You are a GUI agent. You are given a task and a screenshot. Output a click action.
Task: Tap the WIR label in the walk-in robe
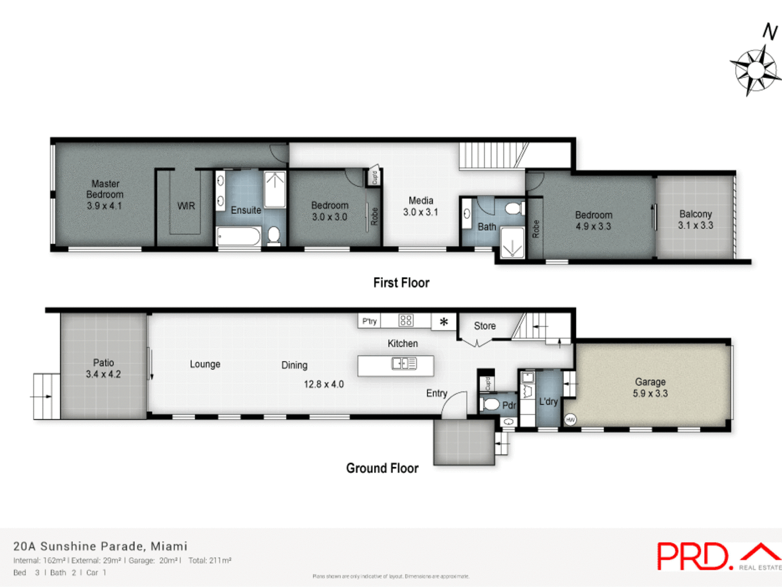tap(186, 206)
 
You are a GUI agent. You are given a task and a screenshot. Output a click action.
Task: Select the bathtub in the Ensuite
tap(239, 236)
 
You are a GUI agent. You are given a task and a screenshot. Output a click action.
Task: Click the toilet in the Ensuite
tap(274, 236)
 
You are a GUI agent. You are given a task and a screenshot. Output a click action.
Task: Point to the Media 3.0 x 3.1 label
tap(421, 206)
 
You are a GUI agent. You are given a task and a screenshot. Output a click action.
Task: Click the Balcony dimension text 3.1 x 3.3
tap(695, 225)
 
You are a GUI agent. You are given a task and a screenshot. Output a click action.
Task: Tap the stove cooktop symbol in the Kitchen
tap(406, 320)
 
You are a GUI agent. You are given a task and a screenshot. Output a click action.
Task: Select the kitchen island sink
tap(404, 363)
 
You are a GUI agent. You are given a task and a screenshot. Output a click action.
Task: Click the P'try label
tap(369, 321)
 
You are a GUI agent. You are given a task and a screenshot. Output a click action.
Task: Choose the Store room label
tap(485, 326)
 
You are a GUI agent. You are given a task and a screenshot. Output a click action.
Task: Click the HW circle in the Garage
tap(570, 419)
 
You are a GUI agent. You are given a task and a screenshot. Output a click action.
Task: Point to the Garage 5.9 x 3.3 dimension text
tap(650, 394)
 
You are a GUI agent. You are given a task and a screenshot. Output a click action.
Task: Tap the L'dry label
tap(548, 402)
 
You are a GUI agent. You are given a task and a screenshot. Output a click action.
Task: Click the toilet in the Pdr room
tap(490, 404)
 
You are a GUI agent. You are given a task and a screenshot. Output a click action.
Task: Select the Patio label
tap(103, 362)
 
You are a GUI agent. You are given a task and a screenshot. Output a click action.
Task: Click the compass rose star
tap(756, 71)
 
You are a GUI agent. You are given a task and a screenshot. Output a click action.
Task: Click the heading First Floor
tap(401, 283)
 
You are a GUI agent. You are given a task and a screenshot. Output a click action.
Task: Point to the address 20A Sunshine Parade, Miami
tap(100, 546)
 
